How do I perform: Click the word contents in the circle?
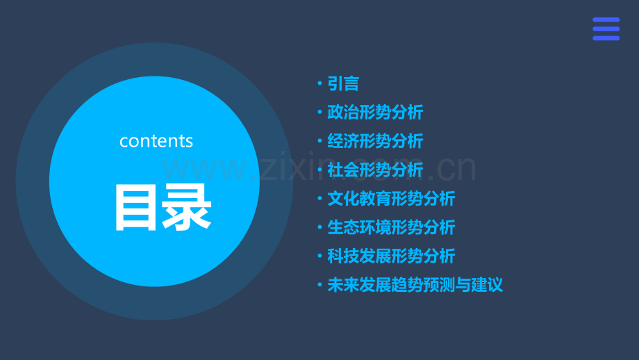point(156,141)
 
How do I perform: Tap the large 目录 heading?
point(163,207)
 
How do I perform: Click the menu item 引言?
point(343,84)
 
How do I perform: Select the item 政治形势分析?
point(375,113)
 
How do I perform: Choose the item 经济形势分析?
point(375,141)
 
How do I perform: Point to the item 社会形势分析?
point(375,170)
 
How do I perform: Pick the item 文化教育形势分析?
point(391,199)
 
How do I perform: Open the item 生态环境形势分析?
point(391,227)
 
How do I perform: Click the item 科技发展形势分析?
point(391,256)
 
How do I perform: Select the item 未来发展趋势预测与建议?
point(415,285)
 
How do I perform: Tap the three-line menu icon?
point(606,29)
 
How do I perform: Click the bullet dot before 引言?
point(319,84)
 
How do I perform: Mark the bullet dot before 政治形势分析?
point(319,113)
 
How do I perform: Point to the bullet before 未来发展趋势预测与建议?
point(319,285)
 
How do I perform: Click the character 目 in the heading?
point(136,207)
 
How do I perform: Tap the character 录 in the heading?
point(188,207)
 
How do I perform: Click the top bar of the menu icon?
point(606,20)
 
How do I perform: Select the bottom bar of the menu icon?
point(606,38)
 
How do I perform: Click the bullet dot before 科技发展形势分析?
point(319,256)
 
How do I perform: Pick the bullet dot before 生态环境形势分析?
point(319,227)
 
